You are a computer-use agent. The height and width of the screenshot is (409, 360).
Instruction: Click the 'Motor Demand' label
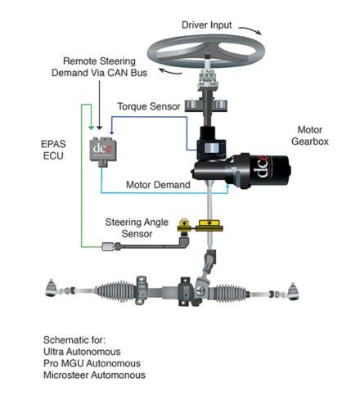[x=158, y=185]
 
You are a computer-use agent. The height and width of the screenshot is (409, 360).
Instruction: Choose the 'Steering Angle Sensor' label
[x=137, y=228]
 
